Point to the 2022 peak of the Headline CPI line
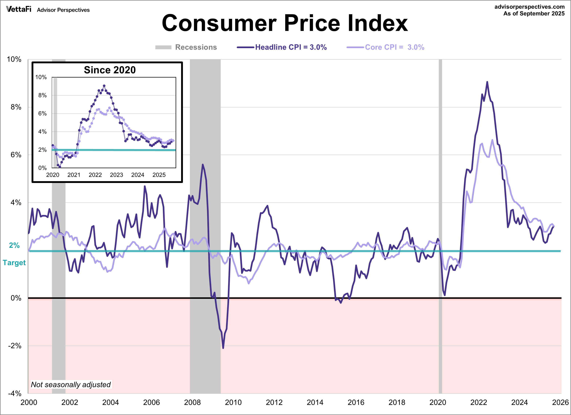click(x=487, y=82)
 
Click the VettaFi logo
click(x=19, y=9)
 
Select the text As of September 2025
click(x=534, y=14)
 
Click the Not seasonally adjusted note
click(x=71, y=385)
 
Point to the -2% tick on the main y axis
click(x=15, y=346)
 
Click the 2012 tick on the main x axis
click(x=274, y=402)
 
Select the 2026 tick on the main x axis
click(x=560, y=402)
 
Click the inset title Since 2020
click(x=110, y=70)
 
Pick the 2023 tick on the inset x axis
click(x=116, y=175)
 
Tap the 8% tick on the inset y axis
click(x=42, y=95)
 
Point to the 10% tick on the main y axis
click(x=14, y=59)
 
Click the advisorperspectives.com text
click(x=529, y=7)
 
